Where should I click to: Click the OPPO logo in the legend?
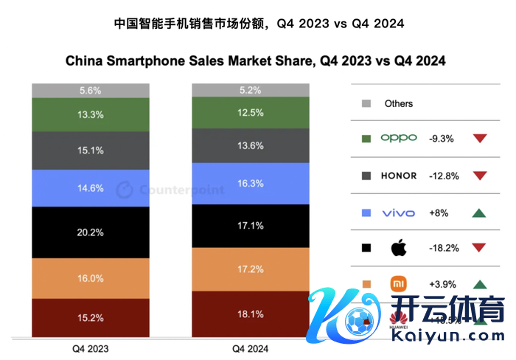[399, 138]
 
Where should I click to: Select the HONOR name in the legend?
[399, 176]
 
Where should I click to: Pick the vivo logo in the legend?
[399, 213]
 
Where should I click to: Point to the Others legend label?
[399, 104]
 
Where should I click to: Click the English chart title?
[256, 61]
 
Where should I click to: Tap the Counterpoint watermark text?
[181, 190]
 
